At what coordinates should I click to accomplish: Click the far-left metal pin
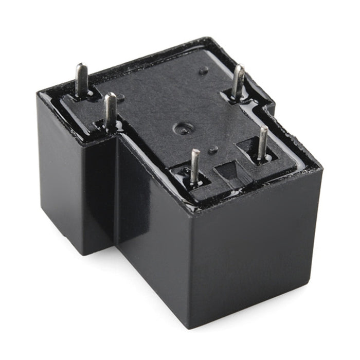81,80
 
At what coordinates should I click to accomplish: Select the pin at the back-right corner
238,81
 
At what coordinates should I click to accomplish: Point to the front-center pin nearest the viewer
194,166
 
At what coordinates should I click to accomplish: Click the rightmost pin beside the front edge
263,142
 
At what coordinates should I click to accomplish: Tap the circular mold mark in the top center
181,128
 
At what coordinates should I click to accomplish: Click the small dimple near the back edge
204,70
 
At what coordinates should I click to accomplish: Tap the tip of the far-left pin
80,66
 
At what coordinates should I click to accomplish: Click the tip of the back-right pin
240,67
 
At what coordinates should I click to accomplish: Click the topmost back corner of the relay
206,38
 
